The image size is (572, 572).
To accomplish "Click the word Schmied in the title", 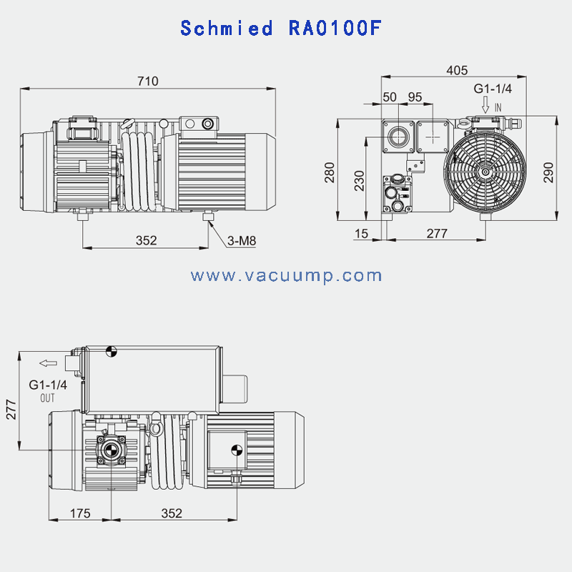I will click(226, 29).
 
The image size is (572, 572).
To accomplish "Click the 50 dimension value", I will click(390, 97).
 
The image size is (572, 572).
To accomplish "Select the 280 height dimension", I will click(330, 172).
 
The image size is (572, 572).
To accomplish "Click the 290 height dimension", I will click(548, 172).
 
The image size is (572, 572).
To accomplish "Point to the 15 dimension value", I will click(361, 233).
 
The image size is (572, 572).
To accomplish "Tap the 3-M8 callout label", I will click(242, 241).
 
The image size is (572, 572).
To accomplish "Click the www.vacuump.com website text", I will click(286, 276).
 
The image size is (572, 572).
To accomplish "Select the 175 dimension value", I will click(80, 513).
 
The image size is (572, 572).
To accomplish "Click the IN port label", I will click(498, 107).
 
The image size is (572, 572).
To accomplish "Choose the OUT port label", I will click(47, 398).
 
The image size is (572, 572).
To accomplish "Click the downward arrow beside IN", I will click(485, 106).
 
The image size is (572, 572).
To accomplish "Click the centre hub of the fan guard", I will click(485, 171).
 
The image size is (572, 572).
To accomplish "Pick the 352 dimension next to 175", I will click(172, 513).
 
